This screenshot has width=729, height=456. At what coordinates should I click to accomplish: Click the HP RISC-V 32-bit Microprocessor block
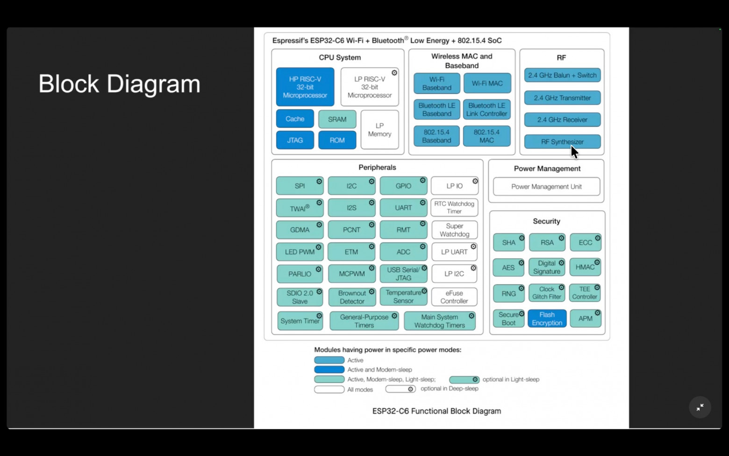[x=305, y=87]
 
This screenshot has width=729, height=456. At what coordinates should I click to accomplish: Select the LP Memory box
[x=379, y=130]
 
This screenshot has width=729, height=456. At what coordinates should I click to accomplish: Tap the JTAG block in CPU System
[x=295, y=140]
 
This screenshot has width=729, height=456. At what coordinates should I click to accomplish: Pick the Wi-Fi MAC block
[x=487, y=83]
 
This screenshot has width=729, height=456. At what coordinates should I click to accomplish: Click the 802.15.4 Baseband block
[x=436, y=136]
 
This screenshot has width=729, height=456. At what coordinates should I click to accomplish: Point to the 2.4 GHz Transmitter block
[x=562, y=98]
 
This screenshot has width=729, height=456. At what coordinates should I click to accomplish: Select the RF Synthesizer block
[x=562, y=142]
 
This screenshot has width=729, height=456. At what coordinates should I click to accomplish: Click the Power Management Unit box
[x=546, y=187]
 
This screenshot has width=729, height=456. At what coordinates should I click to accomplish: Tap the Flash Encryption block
[x=547, y=318]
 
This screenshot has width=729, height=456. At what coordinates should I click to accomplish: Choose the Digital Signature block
[x=547, y=267]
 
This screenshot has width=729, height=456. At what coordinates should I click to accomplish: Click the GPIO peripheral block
[x=403, y=186]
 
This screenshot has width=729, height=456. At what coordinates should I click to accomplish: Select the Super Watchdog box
[x=454, y=230]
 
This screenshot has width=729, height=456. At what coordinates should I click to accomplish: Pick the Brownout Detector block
[x=352, y=297]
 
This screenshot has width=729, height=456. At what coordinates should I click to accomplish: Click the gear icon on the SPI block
[x=319, y=182]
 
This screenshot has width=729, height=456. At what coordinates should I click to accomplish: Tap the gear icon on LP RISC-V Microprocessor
[x=394, y=73]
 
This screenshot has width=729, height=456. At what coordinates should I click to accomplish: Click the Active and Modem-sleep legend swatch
[x=329, y=370]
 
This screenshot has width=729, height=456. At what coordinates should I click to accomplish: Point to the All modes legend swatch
[x=329, y=389]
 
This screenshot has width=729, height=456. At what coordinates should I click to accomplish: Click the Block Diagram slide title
[x=119, y=84]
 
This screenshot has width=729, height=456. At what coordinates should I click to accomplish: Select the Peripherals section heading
[x=377, y=168]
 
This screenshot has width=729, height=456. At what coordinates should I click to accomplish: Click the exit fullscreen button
[x=700, y=407]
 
